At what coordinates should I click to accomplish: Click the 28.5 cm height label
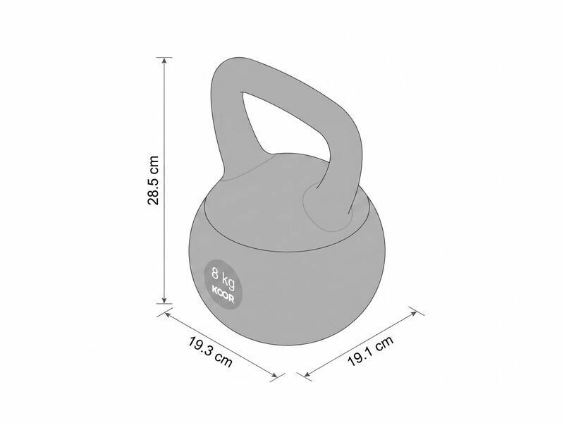(153, 180)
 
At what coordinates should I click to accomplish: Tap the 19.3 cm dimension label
(210, 352)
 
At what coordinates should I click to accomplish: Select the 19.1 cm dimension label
(371, 350)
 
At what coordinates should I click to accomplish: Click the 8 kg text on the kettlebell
(223, 278)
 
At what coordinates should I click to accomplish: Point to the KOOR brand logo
(223, 294)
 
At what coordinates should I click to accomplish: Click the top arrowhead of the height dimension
(164, 61)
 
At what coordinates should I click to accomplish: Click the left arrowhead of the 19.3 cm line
(166, 314)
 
